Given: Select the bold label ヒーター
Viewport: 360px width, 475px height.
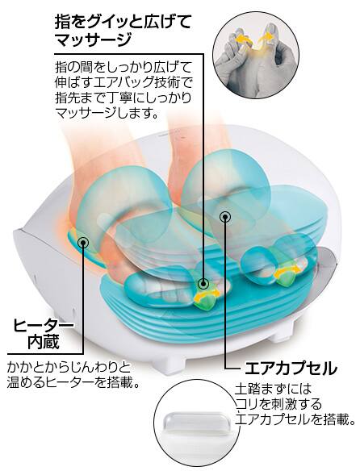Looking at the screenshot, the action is click(43, 326).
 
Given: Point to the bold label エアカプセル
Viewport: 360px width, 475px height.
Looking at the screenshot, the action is click(291, 369).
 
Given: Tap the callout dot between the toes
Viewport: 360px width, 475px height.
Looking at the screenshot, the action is click(203, 284).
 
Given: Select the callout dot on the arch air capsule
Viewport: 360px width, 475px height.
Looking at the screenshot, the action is click(224, 216).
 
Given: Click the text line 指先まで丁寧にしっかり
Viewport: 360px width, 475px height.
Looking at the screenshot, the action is click(123, 98).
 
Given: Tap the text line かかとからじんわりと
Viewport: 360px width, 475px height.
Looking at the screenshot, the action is click(69, 368).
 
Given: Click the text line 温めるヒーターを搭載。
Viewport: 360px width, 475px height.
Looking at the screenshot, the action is click(73, 383).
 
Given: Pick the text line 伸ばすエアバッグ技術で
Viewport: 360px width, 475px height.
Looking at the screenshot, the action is click(123, 81).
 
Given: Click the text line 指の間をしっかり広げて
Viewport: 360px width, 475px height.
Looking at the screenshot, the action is click(123, 67).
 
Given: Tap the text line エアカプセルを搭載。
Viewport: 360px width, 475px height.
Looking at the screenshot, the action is click(295, 419).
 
